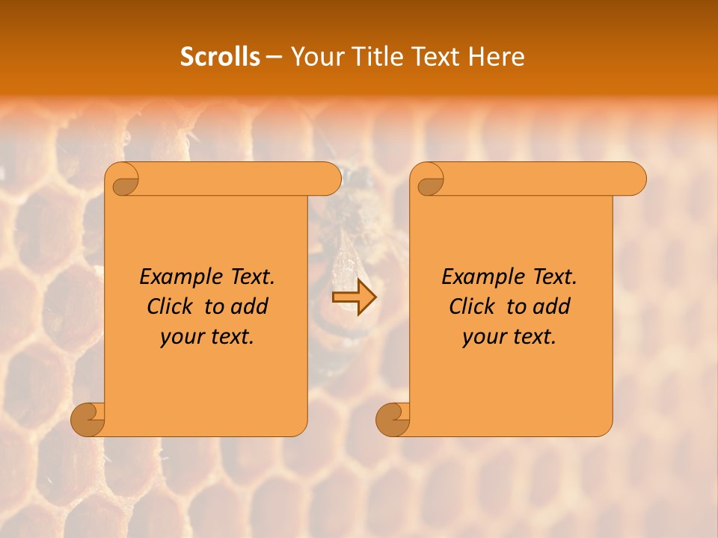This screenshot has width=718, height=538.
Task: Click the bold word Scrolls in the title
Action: [x=220, y=57]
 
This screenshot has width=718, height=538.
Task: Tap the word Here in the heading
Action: [x=496, y=57]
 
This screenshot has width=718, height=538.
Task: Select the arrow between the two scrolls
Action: [x=355, y=297]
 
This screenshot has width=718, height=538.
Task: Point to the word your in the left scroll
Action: [x=182, y=337]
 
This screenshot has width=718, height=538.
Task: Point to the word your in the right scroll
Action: [x=484, y=337]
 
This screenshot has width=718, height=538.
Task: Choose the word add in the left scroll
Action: [x=250, y=306]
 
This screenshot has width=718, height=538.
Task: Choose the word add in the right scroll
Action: [x=552, y=306]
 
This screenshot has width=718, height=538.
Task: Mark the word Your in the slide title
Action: [x=315, y=57]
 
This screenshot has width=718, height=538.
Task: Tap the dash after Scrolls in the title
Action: [x=274, y=58]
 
